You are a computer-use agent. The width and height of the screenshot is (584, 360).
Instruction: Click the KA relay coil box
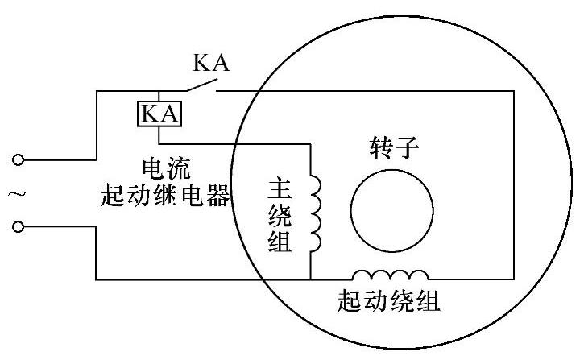pyautogui.click(x=159, y=113)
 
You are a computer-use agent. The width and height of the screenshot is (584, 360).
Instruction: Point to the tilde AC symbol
pyautogui.click(x=14, y=193)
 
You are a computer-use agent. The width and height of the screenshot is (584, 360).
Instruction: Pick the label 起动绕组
pyautogui.click(x=389, y=303)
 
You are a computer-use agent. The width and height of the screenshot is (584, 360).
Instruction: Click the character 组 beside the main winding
pyautogui.click(x=280, y=242)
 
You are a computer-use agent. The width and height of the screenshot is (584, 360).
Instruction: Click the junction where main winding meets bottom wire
pyautogui.click(x=310, y=279)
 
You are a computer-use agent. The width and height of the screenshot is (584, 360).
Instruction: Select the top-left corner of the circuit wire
pyautogui.click(x=96, y=91)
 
